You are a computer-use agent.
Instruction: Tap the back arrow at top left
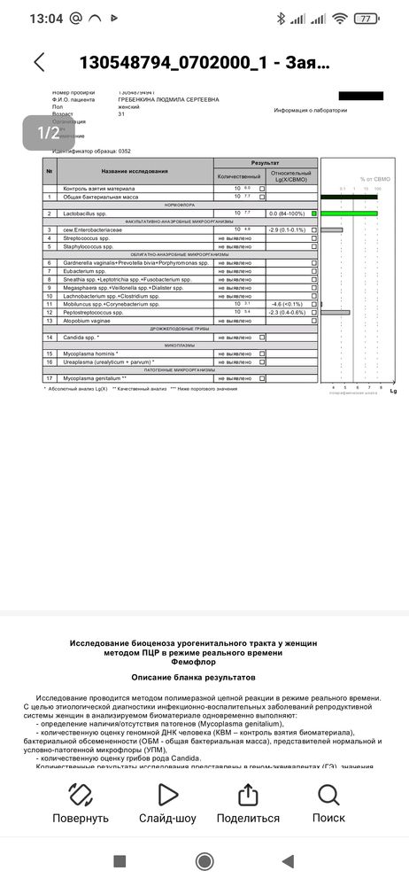[x=38, y=62]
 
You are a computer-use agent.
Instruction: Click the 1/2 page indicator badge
[x=49, y=133]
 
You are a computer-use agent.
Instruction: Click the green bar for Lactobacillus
[x=349, y=214]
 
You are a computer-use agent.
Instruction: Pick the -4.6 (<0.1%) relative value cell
[x=288, y=304]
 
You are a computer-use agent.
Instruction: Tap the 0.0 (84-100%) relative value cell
[x=287, y=214]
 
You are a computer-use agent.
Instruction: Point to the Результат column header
[x=265, y=163]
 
